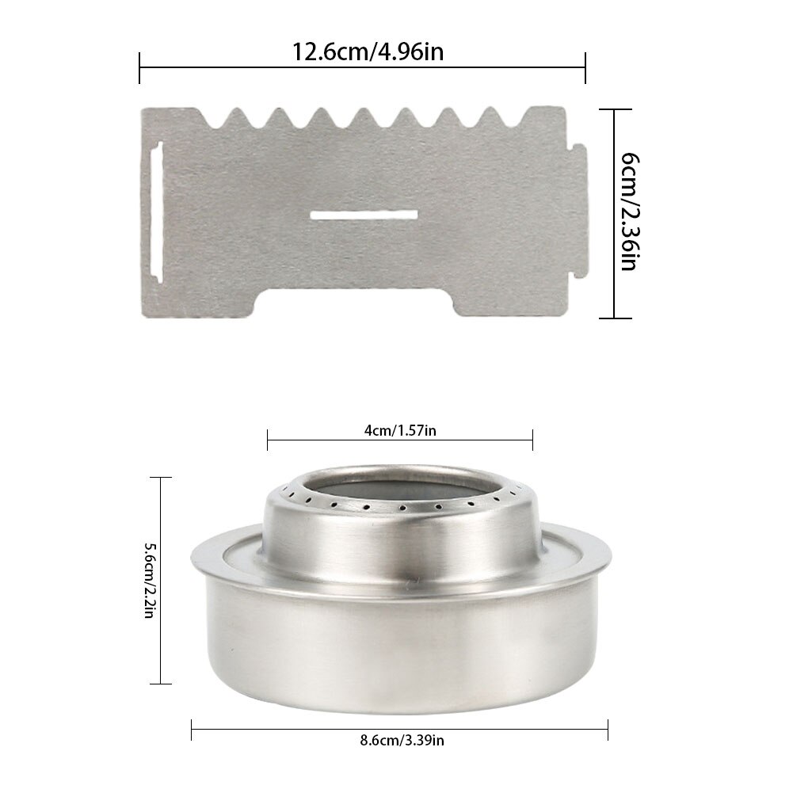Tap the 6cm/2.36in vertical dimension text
tap(627, 212)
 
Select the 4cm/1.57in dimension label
tap(400, 430)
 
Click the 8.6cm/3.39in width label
tap(399, 742)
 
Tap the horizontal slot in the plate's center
tap(364, 215)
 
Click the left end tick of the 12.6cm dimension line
tap(140, 67)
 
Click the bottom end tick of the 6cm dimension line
tap(615, 318)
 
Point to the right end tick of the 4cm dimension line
tap(532, 440)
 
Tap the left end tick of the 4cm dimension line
tap(268, 440)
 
